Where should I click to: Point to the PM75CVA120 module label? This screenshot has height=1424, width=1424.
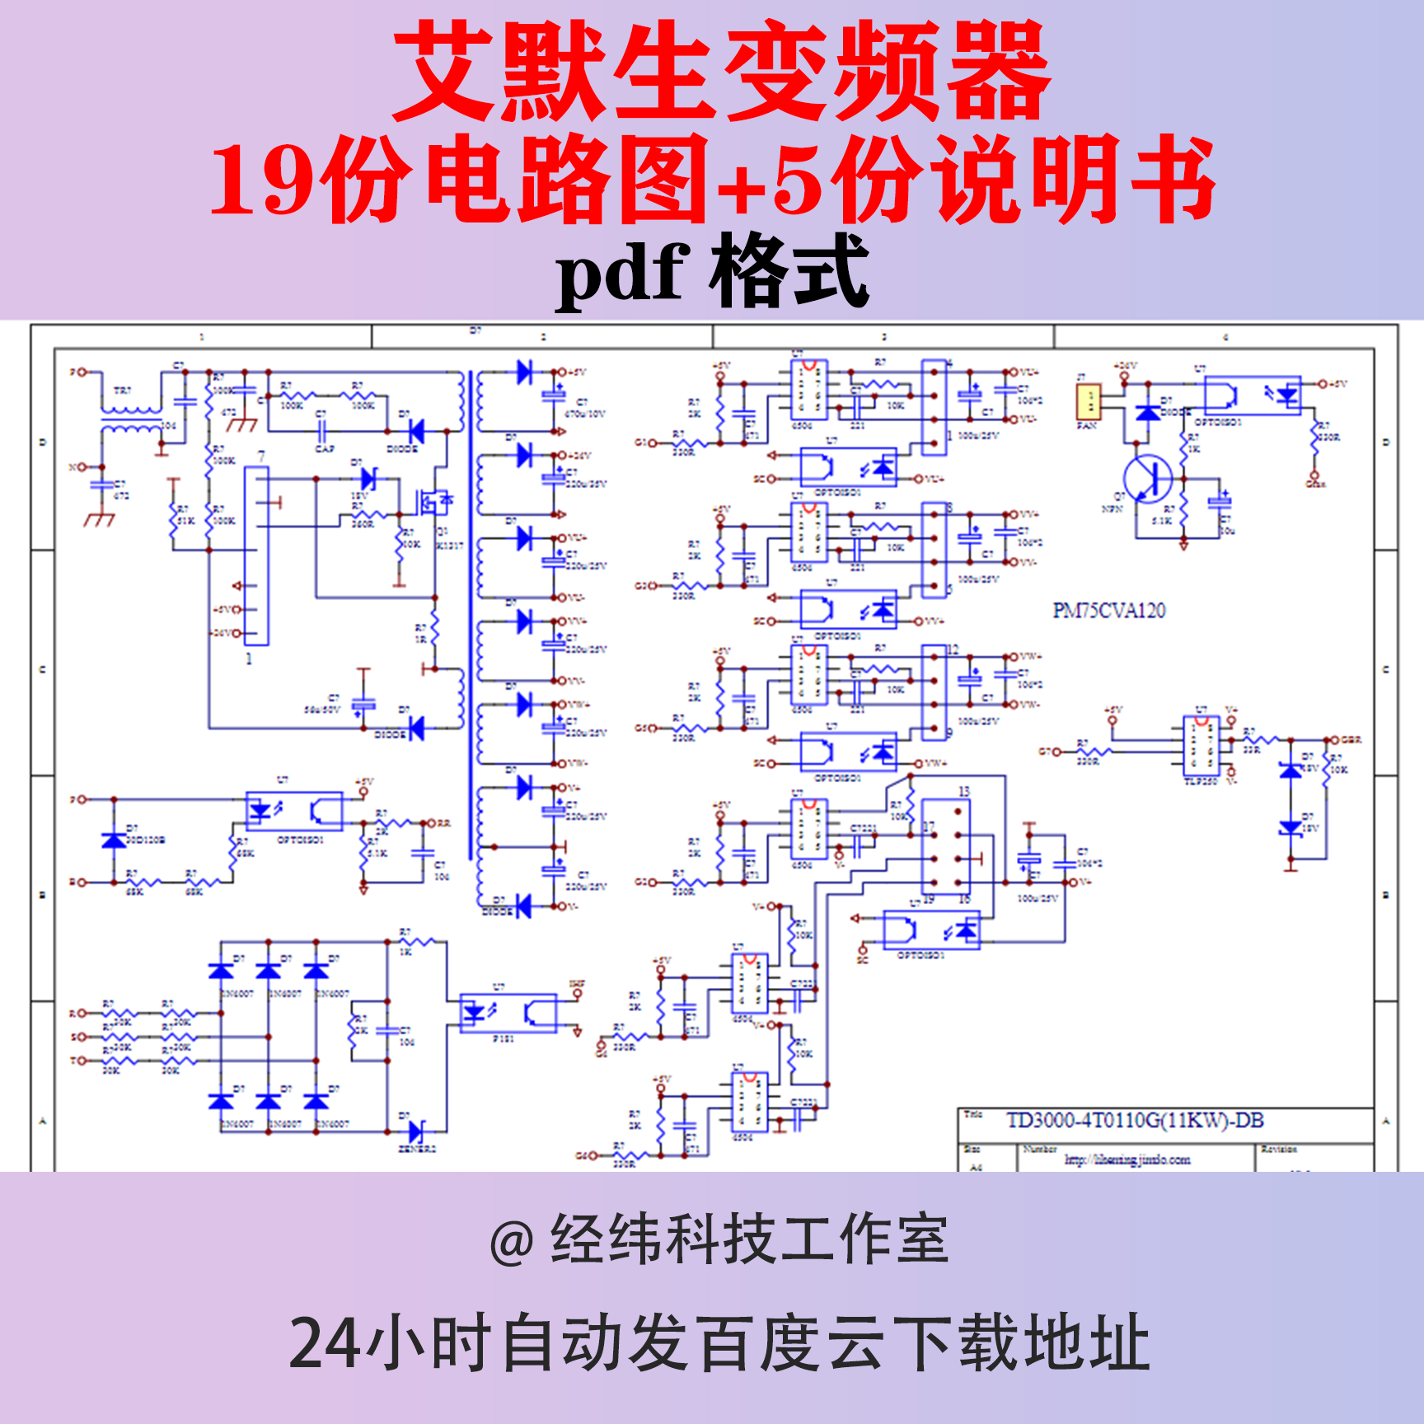click(1109, 611)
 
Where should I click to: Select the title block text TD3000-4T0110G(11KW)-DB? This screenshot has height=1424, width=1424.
click(1135, 1121)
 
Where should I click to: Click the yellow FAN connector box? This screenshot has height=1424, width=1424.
click(1089, 401)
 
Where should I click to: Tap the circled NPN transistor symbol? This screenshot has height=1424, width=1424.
click(1148, 479)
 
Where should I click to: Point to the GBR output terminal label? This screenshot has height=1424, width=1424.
click(1351, 740)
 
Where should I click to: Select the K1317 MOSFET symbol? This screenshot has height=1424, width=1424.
click(433, 500)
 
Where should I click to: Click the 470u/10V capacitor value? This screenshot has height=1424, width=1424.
click(585, 414)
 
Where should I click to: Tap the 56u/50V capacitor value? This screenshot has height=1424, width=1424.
click(321, 710)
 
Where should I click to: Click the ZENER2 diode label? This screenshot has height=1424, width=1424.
click(417, 1149)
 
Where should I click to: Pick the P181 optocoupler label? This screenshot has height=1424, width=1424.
click(504, 1039)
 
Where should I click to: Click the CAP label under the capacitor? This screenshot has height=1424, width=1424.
click(325, 449)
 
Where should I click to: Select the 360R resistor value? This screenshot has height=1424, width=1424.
click(363, 524)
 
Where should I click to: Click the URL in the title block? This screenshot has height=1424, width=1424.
click(1127, 1159)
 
